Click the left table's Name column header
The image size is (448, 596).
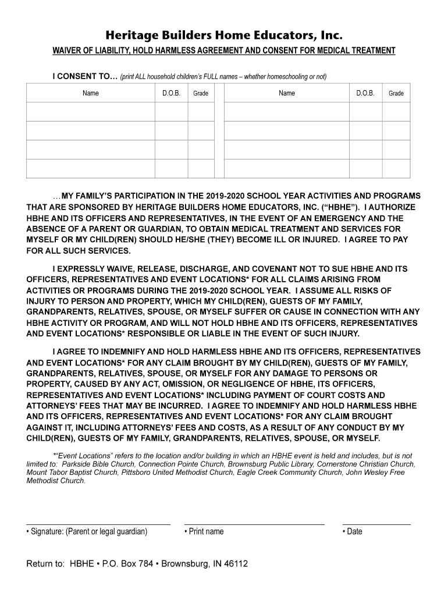90,93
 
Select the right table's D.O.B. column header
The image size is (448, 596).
365,93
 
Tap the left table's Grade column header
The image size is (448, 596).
201,93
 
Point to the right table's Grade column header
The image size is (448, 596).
396,93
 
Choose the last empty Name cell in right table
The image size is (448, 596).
286,168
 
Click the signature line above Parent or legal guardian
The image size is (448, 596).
98,524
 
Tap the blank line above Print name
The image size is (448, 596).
254,524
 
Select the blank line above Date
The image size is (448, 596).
376,524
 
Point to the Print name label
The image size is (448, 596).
206,531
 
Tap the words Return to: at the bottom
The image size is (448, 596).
45,564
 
